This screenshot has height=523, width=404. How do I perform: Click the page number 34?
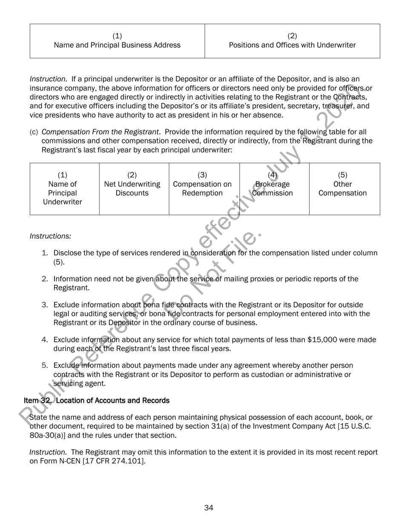pyautogui.click(x=208, y=508)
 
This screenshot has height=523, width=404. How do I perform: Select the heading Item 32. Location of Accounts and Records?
pyautogui.click(x=97, y=401)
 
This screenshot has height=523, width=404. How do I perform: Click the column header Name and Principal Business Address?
pyautogui.click(x=117, y=45)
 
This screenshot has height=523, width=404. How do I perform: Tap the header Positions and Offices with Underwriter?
pyautogui.click(x=292, y=45)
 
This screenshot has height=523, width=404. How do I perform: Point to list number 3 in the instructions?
pyautogui.click(x=45, y=305)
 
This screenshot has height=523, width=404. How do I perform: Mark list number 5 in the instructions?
pyautogui.click(x=45, y=365)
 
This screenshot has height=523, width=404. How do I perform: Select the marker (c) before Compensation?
pyautogui.click(x=34, y=132)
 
